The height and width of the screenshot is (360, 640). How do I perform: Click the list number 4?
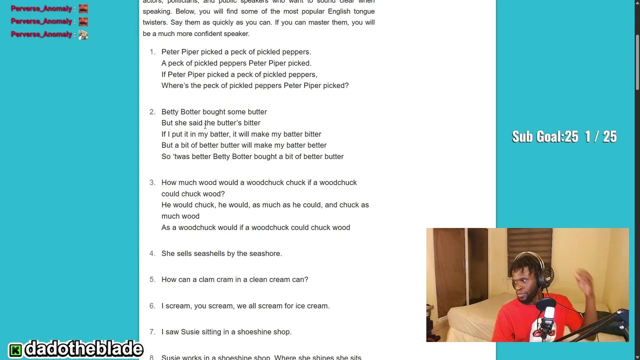coord(152,253)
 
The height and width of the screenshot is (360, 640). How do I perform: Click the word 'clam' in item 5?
coord(206,279)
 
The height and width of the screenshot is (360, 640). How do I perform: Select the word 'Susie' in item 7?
coord(190,332)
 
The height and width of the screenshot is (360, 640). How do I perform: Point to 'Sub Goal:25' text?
coord(544,136)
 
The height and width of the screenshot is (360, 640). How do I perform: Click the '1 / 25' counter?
coord(600,136)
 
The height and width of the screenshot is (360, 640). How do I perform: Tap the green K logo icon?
coord(15,349)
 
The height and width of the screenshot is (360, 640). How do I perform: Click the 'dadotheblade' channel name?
coord(83,349)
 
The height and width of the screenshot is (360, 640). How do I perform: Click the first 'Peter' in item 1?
coord(170,52)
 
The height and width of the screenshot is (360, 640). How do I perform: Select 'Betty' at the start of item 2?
coord(169,112)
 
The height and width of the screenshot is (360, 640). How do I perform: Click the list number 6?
coord(152,306)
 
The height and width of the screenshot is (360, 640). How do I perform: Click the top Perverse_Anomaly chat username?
coord(41,8)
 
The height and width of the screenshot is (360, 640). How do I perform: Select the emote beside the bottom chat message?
coord(83,34)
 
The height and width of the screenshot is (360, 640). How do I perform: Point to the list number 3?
coord(152,182)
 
